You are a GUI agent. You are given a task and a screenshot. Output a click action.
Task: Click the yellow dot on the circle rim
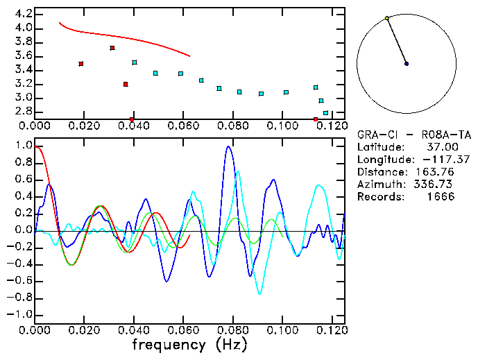click(x=386, y=18)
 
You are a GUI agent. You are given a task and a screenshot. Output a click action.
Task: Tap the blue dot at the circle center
click(x=407, y=64)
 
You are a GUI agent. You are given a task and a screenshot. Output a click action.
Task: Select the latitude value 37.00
click(x=441, y=147)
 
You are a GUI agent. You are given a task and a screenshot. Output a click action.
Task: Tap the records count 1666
click(x=441, y=197)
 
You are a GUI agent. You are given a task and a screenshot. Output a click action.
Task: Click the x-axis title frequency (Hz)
click(x=192, y=344)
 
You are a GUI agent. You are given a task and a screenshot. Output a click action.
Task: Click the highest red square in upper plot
click(x=112, y=48)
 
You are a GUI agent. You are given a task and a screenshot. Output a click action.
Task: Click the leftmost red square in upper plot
click(x=81, y=64)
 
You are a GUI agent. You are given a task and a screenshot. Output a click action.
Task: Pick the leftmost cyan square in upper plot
click(x=135, y=62)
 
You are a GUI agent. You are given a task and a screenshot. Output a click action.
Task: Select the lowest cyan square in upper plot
click(x=325, y=112)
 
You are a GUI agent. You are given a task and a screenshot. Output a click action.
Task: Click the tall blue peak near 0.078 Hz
click(x=228, y=147)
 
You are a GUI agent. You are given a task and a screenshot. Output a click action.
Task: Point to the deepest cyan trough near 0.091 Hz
click(x=260, y=293)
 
